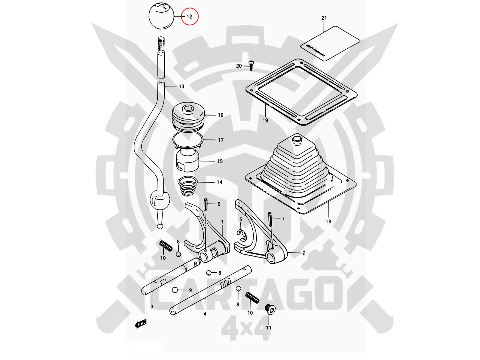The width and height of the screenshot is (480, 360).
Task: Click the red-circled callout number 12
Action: pos(190,16)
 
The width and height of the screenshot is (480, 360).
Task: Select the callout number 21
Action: pos(324,18)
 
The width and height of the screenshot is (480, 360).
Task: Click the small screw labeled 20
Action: pos(252,65)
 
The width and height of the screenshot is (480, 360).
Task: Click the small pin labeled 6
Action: pos(205,204)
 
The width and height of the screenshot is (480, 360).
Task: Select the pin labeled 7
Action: pos(271,219)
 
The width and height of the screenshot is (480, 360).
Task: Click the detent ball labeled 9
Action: pos(175,290)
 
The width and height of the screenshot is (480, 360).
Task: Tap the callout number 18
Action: pos(328,221)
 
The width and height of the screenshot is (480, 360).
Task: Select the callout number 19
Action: pos(265,120)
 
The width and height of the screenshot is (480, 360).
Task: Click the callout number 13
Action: pos(181,86)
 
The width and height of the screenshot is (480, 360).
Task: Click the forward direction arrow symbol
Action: pos(141,323)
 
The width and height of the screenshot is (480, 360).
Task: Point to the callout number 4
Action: pos(205,313)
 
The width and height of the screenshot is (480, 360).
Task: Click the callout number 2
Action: pos(304,253)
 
